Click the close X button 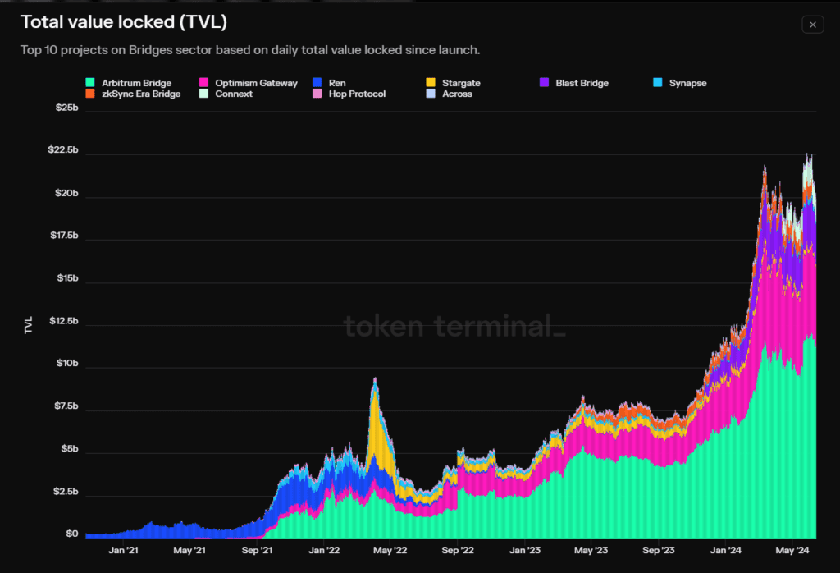812,25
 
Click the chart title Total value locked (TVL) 124,22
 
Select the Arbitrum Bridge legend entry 129,83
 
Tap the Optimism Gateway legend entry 248,83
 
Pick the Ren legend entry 329,83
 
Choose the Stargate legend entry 453,83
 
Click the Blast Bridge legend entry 573,83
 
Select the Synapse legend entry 680,83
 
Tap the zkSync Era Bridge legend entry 133,94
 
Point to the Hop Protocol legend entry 349,94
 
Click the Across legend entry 449,94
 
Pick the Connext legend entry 226,94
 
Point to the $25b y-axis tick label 67,108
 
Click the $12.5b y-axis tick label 64,321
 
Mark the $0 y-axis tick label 72,534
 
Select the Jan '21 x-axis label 124,551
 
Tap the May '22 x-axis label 390,551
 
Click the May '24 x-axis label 792,551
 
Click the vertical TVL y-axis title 29,325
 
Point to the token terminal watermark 454,327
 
